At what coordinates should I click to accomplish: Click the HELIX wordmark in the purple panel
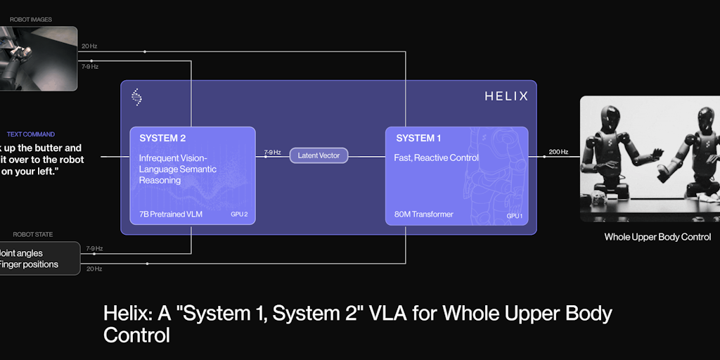coord(506,96)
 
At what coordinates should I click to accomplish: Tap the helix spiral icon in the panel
coord(137,96)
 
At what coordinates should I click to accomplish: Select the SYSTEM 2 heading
coord(162,139)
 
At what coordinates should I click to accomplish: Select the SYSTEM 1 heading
coord(420,139)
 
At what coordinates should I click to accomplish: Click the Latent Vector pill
coord(319,155)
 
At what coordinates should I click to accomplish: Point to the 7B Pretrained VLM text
coord(171,214)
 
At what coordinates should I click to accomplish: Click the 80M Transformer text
coord(423,214)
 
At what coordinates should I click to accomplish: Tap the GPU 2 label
coord(239,214)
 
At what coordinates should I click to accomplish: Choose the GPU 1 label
coord(514,215)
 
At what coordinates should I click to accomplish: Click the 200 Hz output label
coord(559,152)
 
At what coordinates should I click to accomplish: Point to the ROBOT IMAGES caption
coord(31,20)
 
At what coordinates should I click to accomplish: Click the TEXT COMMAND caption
coord(31,134)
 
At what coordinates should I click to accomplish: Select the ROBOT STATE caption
coord(33,234)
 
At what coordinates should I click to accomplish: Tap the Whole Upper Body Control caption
coord(657,237)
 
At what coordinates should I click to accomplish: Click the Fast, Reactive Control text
coord(436,158)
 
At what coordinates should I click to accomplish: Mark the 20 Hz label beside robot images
coord(89,46)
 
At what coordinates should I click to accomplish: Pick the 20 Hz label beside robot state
coord(94,269)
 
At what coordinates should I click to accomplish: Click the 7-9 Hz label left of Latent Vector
coord(272,152)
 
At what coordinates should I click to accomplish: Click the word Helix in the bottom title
coord(127,313)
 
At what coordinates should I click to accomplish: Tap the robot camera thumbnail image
coord(38,58)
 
